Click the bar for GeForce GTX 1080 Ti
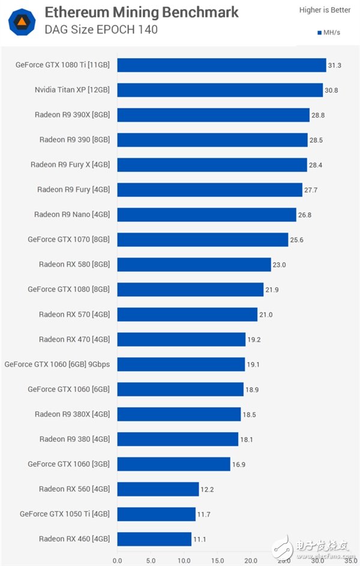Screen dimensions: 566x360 tap(221, 65)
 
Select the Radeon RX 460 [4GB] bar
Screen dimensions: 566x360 tap(154, 539)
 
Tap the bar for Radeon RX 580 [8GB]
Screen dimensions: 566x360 tap(194, 264)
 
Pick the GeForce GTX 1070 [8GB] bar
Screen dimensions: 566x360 tap(203, 239)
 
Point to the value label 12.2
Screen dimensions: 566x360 tap(207, 489)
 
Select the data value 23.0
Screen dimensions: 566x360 tap(280, 264)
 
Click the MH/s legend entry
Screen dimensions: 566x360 tap(328, 32)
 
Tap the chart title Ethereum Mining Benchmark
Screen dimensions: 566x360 tap(142, 12)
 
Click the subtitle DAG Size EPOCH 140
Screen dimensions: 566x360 tap(101, 29)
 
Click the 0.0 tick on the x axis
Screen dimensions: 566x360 tap(117, 561)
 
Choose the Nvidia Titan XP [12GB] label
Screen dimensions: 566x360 tap(72, 90)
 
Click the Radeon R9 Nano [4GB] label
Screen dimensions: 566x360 tap(71, 215)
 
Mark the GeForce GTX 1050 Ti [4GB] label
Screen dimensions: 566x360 tap(64, 514)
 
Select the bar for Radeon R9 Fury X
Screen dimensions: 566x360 tap(212, 165)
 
